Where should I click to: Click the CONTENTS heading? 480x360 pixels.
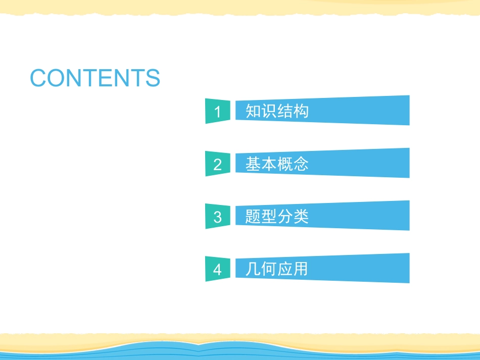pos(95,78)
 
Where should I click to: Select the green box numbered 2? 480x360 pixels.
pos(217,164)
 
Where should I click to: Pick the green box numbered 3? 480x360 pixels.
pos(217,217)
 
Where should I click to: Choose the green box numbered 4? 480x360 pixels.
pos(217,269)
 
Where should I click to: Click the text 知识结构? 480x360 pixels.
pos(277,111)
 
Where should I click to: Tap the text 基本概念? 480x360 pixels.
pos(277,164)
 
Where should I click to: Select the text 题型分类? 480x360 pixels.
pos(277,217)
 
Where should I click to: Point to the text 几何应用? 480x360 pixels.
pos(277,269)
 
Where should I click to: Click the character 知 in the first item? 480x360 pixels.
pos(253,111)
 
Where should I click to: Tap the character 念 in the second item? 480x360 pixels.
pos(301,164)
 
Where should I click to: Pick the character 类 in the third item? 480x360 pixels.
pos(301,217)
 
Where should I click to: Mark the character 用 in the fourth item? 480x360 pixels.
pos(301,269)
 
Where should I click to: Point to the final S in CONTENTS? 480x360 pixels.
pos(153,78)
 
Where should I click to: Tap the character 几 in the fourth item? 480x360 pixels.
pos(253,269)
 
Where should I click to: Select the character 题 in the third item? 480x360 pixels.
pos(253,217)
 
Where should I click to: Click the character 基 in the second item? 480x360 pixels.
pos(253,164)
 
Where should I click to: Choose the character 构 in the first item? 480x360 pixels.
pos(301,111)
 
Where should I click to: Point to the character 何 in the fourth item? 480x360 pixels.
pos(269,269)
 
